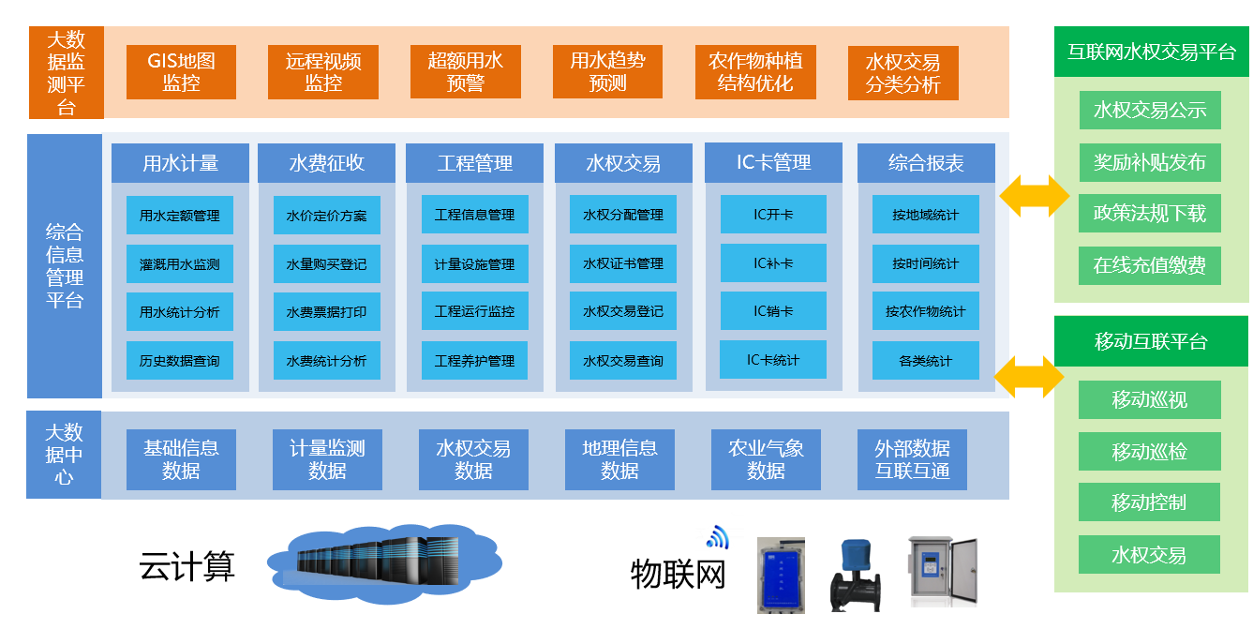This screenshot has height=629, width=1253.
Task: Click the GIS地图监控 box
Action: pyautogui.click(x=181, y=72)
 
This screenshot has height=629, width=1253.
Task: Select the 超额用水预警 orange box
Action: pyautogui.click(x=466, y=72)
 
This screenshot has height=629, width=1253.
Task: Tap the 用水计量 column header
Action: pyautogui.click(x=180, y=163)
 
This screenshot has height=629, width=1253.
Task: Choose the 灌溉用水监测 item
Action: pyautogui.click(x=180, y=264)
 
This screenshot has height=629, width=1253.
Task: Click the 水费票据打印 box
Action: pyautogui.click(x=327, y=312)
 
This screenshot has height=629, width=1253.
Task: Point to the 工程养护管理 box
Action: pyautogui.click(x=475, y=361)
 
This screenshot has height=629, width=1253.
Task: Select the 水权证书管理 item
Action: pyautogui.click(x=623, y=263)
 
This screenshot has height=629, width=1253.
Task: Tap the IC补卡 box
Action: pyautogui.click(x=773, y=263)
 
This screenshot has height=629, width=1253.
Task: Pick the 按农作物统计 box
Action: pyautogui.click(x=925, y=311)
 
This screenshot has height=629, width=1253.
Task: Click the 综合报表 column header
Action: pyautogui.click(x=926, y=163)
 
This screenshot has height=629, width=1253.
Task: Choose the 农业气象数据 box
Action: pyautogui.click(x=766, y=459)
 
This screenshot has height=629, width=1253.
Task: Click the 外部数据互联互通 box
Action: pyautogui.click(x=912, y=459)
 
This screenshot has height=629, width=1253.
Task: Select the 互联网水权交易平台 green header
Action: pyautogui.click(x=1151, y=52)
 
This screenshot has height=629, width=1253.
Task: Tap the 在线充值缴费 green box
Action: pyautogui.click(x=1150, y=265)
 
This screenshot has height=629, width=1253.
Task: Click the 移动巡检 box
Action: pyautogui.click(x=1149, y=452)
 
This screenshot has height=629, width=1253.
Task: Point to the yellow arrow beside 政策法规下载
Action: pyautogui.click(x=1034, y=196)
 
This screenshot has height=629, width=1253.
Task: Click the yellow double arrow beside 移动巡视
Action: pyautogui.click(x=1028, y=377)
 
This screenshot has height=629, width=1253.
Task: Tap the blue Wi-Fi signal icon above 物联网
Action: pyautogui.click(x=717, y=536)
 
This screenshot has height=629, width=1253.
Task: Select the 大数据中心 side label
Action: pyautogui.click(x=65, y=455)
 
